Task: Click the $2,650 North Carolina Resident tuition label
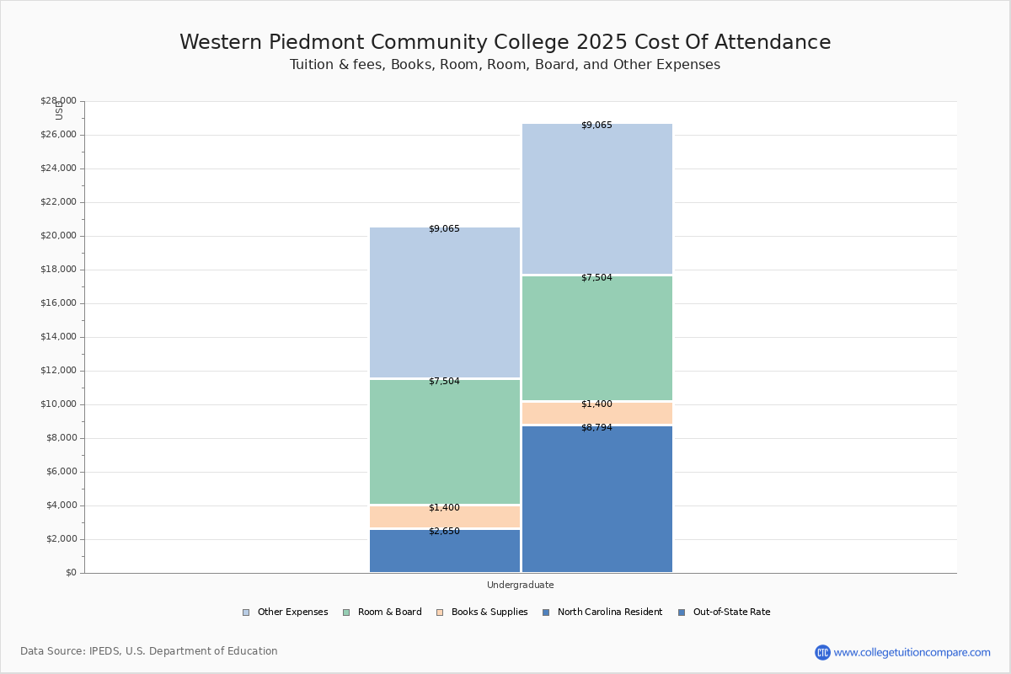click(x=444, y=532)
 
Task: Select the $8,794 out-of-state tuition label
click(x=596, y=428)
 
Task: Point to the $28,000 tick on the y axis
click(x=58, y=101)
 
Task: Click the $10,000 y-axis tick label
click(x=58, y=404)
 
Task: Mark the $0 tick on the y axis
click(x=70, y=573)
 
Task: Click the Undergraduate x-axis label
click(x=520, y=585)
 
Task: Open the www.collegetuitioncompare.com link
click(x=912, y=652)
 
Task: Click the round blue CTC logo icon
click(x=822, y=652)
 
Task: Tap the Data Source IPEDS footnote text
click(x=149, y=651)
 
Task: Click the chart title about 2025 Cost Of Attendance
click(x=505, y=43)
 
